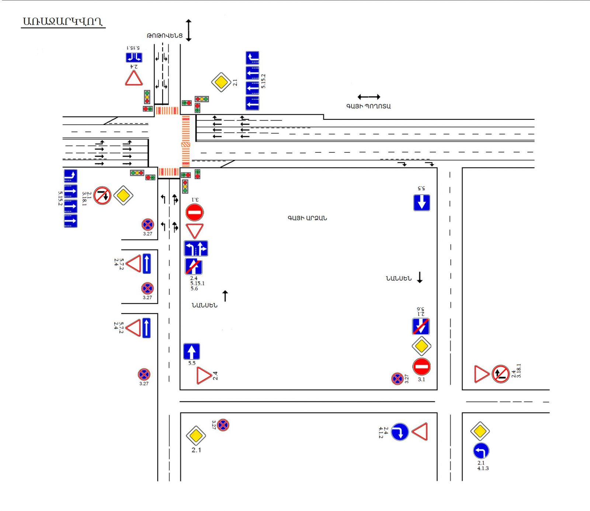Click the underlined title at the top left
[x=63, y=22]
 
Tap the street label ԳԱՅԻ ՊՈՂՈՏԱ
[x=368, y=106]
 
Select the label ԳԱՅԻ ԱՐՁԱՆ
[x=307, y=218]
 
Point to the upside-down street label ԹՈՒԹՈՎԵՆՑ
[x=164, y=36]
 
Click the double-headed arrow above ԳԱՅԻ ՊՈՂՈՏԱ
[x=368, y=97]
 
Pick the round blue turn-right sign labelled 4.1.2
[x=400, y=432]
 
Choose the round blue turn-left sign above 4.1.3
[x=481, y=451]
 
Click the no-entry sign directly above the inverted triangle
[x=194, y=212]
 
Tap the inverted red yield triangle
[x=194, y=231]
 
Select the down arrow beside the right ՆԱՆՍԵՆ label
[x=420, y=277]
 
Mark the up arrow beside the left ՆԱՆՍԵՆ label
[x=225, y=296]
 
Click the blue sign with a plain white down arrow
[x=421, y=202]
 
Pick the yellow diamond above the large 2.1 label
[x=196, y=436]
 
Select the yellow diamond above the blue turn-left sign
[x=480, y=431]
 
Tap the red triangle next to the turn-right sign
[x=420, y=432]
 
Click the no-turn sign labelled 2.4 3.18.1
[x=500, y=374]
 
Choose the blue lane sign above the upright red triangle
[x=134, y=58]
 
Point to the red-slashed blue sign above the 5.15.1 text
[x=194, y=267]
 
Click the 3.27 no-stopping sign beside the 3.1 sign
[x=397, y=379]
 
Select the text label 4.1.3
[x=483, y=468]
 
